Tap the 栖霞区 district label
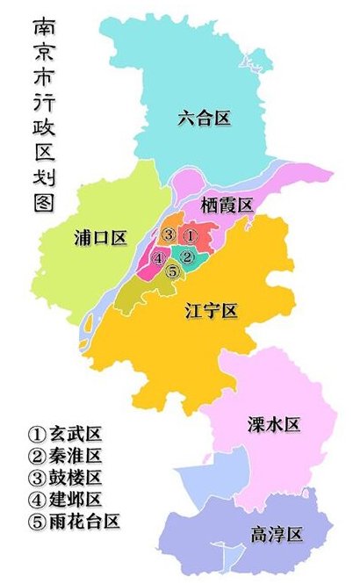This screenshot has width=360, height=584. tap(227, 205)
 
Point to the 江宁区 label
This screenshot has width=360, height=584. tap(212, 310)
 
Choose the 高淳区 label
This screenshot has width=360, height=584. tap(276, 534)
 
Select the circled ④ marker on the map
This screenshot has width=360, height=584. tap(158, 258)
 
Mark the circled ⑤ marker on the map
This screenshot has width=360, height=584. tap(173, 271)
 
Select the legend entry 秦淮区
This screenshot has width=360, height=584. tap(66, 456)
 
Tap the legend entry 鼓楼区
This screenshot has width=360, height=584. tap(66, 478)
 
